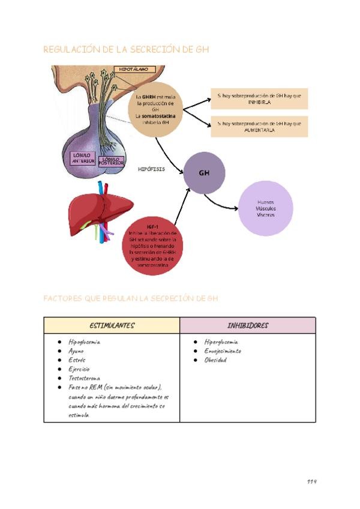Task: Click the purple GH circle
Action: (205, 173)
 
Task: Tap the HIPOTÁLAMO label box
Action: (133, 70)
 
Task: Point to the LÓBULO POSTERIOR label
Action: (112, 160)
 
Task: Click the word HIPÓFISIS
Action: (151, 169)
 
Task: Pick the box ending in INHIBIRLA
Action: (259, 99)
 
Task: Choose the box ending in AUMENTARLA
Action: (259, 127)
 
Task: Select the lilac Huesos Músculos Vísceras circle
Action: (265, 208)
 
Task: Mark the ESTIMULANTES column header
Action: (112, 325)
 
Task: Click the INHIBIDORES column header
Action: (248, 325)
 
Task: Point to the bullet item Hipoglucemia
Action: (84, 342)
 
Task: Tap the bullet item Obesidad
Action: (215, 360)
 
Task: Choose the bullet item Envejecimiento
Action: (222, 351)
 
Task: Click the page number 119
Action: (311, 481)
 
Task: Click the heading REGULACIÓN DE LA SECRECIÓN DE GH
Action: (126, 50)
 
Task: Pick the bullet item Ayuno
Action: (76, 351)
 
